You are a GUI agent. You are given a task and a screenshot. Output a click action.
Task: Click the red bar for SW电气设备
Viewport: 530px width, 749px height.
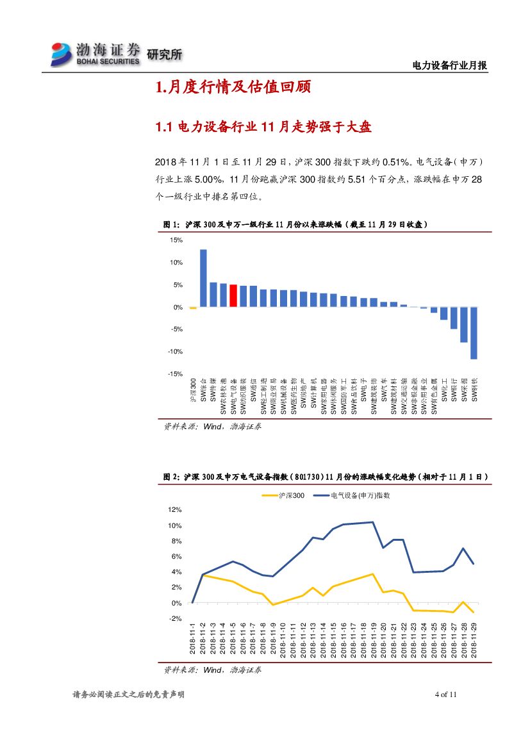pos(233,295)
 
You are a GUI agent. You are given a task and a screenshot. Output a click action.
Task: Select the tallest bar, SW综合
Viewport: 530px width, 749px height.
pos(203,278)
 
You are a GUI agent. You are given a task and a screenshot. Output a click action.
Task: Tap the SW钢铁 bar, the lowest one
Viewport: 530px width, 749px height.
pos(474,333)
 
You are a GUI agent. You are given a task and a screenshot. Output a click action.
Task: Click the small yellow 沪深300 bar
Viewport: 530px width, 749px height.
pos(193,308)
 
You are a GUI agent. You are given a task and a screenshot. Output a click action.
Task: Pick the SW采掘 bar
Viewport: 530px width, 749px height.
pos(463,324)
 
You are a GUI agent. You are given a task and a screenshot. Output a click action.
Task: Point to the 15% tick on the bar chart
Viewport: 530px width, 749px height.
pos(176,240)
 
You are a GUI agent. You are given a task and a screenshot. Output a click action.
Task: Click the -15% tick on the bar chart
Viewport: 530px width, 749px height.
pos(175,374)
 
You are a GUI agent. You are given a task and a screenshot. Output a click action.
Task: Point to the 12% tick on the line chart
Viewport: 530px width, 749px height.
pos(175,510)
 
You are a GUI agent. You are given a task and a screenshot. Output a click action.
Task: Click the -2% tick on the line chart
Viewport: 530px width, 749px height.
pos(175,618)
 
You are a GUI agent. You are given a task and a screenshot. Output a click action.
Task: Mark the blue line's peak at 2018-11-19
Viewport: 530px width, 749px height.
pos(373,522)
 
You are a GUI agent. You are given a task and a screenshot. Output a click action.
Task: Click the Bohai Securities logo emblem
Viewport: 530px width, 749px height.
pos(62,54)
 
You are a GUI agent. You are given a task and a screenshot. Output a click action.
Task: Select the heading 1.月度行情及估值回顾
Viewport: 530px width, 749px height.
pos(233,88)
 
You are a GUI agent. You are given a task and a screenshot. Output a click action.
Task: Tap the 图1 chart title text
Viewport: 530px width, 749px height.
pos(295,224)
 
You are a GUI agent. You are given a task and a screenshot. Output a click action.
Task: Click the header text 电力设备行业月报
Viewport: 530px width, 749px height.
pos(449,65)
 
